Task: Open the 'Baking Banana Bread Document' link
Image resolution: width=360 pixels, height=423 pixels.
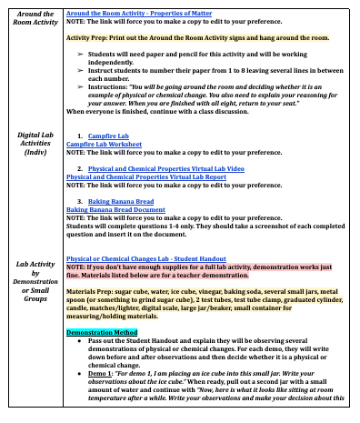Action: click(115, 209)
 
